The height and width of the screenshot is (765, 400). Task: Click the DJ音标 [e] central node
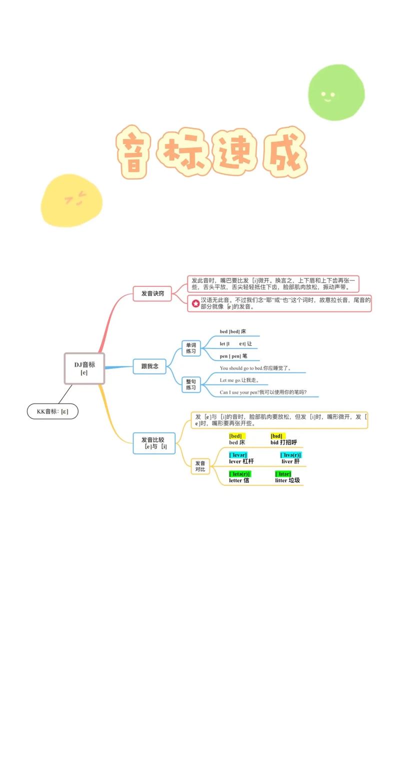click(x=84, y=368)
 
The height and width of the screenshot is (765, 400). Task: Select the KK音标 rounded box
click(x=52, y=411)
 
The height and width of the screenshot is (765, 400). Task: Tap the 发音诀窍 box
click(x=152, y=293)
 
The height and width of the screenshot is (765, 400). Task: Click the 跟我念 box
click(x=149, y=366)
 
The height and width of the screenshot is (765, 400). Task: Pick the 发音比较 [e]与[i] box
click(x=154, y=443)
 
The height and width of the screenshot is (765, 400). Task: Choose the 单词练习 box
click(x=191, y=348)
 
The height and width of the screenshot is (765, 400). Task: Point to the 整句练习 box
click(x=191, y=384)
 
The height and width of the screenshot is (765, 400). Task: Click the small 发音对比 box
click(x=200, y=466)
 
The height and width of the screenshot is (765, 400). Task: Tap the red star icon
click(x=195, y=303)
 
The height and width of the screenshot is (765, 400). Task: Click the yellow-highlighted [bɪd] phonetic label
click(x=276, y=436)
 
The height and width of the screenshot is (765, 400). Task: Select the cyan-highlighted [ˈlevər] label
click(x=238, y=455)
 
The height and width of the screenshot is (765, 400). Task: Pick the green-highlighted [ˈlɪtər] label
click(x=283, y=474)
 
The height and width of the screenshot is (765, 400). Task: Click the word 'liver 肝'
click(x=290, y=461)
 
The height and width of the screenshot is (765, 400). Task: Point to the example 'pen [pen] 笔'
click(x=233, y=356)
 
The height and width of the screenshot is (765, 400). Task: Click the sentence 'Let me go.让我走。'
click(x=239, y=380)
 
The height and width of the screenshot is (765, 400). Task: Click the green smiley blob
click(x=335, y=92)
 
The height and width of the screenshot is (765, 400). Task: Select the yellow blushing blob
click(x=71, y=200)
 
